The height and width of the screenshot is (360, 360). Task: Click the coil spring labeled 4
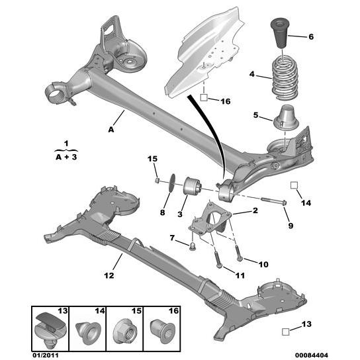point(284,78)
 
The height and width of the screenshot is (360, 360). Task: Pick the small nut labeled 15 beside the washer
point(156,179)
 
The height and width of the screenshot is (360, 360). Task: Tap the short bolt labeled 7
point(193,247)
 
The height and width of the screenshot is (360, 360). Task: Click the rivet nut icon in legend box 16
point(161,328)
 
